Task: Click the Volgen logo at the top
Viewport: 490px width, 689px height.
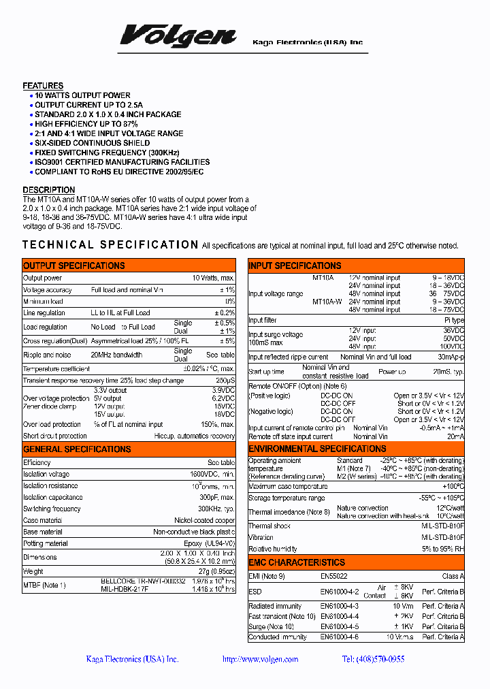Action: (178, 36)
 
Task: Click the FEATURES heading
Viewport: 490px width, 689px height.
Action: (43, 86)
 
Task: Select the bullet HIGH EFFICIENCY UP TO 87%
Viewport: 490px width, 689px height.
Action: (86, 124)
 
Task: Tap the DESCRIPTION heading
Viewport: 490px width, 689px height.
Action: (49, 190)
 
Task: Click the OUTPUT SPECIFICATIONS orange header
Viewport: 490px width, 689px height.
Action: (74, 266)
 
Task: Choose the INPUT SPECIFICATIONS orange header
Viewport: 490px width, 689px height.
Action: (295, 266)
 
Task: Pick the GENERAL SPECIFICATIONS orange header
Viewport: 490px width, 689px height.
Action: (77, 449)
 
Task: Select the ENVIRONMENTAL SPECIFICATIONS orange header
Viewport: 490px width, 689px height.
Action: (317, 449)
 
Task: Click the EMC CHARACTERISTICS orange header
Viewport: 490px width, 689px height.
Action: (297, 563)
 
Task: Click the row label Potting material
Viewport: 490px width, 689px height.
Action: (46, 543)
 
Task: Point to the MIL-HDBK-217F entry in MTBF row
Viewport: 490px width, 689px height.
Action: (124, 589)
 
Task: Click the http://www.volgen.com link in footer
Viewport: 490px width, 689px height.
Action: (260, 659)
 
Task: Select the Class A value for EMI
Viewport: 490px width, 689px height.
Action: (452, 577)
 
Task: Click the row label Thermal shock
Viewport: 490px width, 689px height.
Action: (269, 526)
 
